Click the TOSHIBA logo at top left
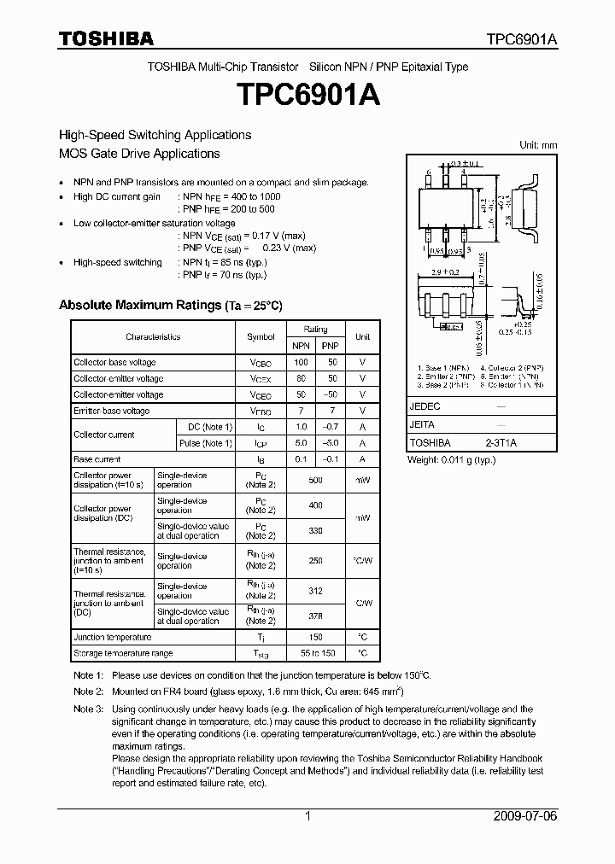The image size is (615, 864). pos(106,38)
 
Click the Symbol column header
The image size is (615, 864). pos(261,336)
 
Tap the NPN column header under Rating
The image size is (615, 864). pos(301,345)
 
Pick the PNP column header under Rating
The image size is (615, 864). pos(330,345)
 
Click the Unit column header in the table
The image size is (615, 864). pos(363,336)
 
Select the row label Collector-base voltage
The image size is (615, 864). pos(114,362)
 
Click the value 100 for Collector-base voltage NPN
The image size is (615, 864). pos(301,362)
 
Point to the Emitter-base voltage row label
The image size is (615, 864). pos(111,411)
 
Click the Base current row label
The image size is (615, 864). pos(97,459)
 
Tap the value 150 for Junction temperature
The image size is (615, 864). pos(315,637)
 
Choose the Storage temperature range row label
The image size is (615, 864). pos(123,653)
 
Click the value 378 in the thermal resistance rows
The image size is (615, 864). pos(315,616)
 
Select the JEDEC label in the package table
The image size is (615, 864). pos(425,407)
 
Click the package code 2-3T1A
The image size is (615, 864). pos(501,443)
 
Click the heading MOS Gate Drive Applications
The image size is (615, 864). pos(139,154)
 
